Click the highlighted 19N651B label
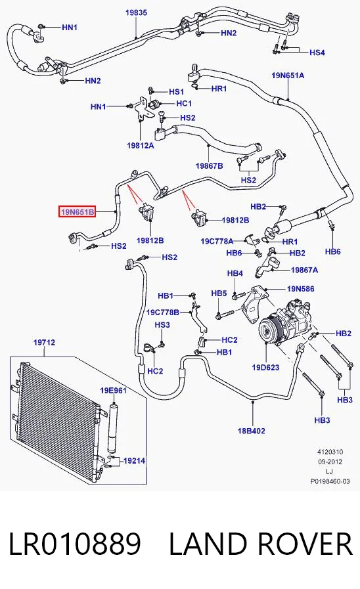click(77, 212)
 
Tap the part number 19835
click(136, 12)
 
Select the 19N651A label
click(288, 76)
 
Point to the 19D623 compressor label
click(265, 367)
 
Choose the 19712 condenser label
click(44, 342)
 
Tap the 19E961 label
click(113, 391)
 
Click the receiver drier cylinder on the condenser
click(112, 428)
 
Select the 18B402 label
click(252, 431)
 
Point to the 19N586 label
click(301, 289)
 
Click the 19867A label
click(304, 270)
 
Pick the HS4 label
click(317, 53)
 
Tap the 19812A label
click(141, 145)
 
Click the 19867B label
click(210, 165)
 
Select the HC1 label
click(184, 103)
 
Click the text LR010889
click(75, 544)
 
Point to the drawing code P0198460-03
click(330, 481)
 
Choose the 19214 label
click(134, 460)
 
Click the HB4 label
click(235, 273)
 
